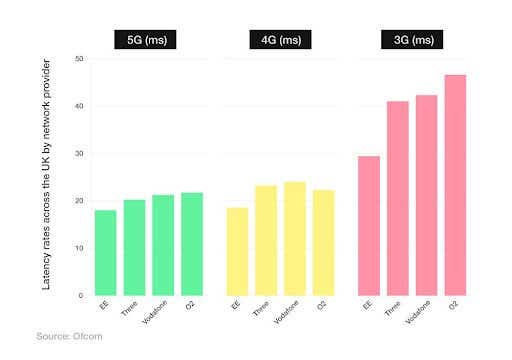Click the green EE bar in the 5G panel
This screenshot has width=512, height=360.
[x=105, y=253]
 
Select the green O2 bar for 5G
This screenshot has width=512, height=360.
[x=192, y=244]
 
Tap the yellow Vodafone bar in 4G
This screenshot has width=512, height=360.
[x=295, y=239]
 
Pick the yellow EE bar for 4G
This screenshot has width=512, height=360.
[x=237, y=252]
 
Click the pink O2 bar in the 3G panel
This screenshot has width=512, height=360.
[x=455, y=185]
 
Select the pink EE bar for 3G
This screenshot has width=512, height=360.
[x=369, y=226]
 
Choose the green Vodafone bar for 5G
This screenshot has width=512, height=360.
[x=163, y=245]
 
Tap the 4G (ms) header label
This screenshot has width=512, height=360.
[x=280, y=40]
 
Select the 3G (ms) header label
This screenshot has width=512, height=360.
[x=412, y=40]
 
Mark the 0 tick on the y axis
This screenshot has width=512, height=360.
[x=79, y=296]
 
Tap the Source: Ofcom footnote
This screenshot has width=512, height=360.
[x=69, y=336]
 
